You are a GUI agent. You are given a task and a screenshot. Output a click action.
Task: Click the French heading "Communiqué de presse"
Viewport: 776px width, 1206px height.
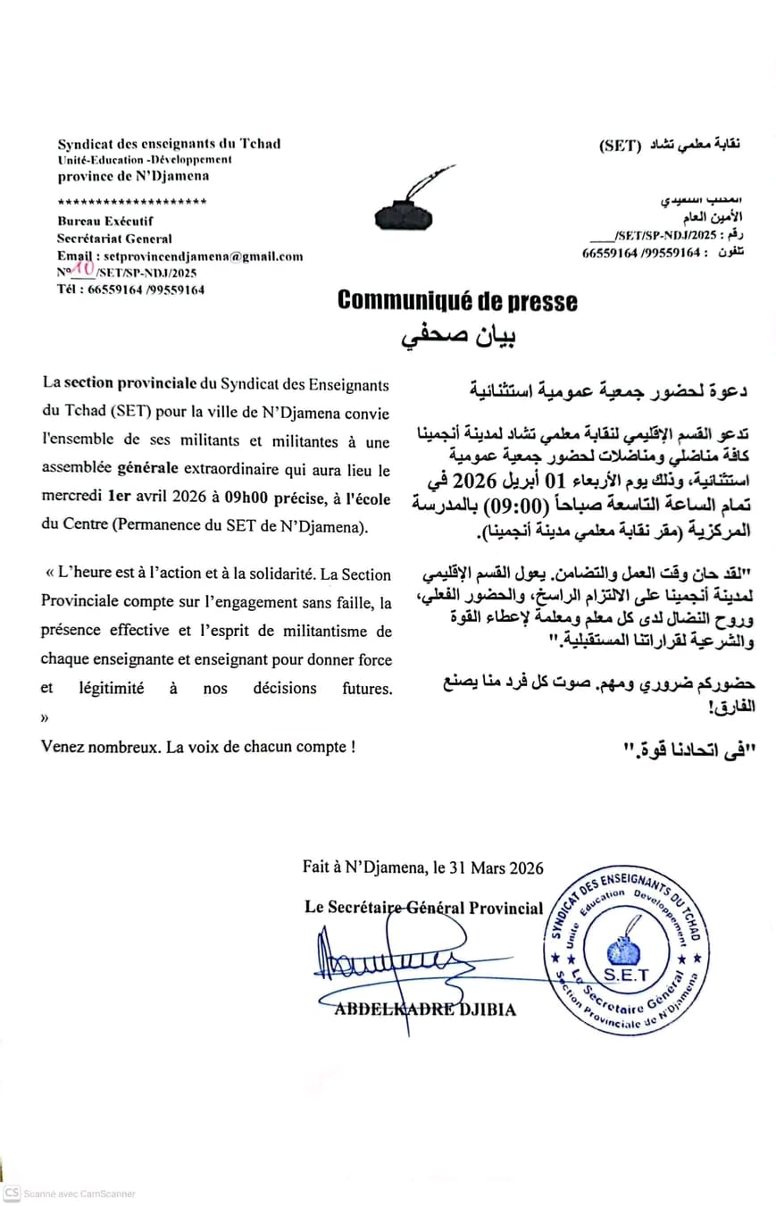[x=456, y=302]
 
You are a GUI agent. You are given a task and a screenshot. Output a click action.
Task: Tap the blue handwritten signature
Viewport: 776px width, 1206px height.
[x=384, y=960]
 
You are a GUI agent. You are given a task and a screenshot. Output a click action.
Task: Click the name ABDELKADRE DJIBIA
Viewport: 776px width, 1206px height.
[x=424, y=1009]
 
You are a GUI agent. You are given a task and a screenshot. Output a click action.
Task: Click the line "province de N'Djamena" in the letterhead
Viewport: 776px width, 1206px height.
[x=133, y=176]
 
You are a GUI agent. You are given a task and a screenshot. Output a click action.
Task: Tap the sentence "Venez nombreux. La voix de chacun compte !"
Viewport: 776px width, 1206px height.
[x=197, y=747]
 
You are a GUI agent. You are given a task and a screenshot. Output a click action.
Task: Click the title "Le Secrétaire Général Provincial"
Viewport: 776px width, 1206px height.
[x=423, y=908]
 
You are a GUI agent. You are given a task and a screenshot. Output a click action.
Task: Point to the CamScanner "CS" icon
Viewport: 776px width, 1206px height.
[x=12, y=1193]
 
